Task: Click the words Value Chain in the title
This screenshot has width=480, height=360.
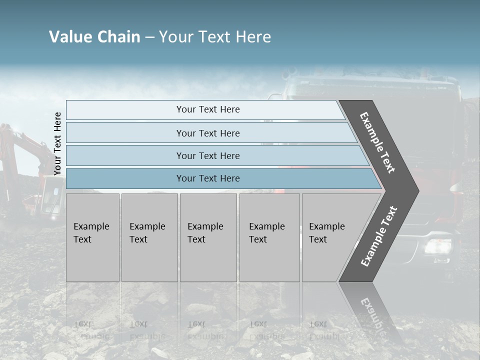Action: pyautogui.click(x=94, y=37)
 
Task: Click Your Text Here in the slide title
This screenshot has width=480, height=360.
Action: pyautogui.click(x=215, y=37)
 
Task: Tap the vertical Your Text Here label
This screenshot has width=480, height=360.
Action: pyautogui.click(x=57, y=144)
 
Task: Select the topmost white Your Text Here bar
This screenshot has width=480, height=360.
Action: pyautogui.click(x=208, y=109)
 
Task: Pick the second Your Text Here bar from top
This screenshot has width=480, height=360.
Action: pyautogui.click(x=208, y=133)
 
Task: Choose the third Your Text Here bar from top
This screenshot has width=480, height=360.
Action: pyautogui.click(x=208, y=155)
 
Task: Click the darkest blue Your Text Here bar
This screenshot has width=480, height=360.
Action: pyautogui.click(x=208, y=178)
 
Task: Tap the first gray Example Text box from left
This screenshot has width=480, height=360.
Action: pyautogui.click(x=92, y=237)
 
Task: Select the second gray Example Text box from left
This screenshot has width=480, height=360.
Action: pyautogui.click(x=149, y=237)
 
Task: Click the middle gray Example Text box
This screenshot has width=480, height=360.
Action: pyautogui.click(x=208, y=237)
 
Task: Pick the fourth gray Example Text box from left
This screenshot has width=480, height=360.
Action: pyautogui.click(x=269, y=237)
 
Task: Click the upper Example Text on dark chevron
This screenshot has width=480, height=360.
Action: pyautogui.click(x=377, y=142)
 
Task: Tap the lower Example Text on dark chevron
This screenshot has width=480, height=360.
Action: pyautogui.click(x=378, y=236)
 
